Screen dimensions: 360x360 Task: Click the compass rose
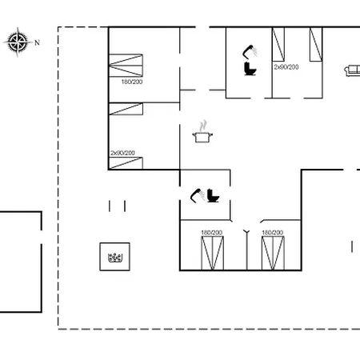pyautogui.click(x=18, y=42)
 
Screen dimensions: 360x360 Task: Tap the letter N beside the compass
pyautogui.click(x=37, y=42)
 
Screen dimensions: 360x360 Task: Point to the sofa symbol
pyautogui.click(x=352, y=71)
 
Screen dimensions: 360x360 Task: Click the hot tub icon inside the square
pyautogui.click(x=115, y=258)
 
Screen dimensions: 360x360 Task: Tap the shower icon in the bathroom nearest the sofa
pyautogui.click(x=250, y=51)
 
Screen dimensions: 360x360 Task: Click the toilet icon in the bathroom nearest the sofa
pyautogui.click(x=250, y=69)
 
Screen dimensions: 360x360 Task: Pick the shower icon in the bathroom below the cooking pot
pyautogui.click(x=198, y=195)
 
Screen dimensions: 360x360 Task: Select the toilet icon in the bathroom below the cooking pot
pyautogui.click(x=213, y=195)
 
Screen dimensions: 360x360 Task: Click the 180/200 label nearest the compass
pyautogui.click(x=132, y=82)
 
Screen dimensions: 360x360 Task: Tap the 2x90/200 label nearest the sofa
pyautogui.click(x=286, y=67)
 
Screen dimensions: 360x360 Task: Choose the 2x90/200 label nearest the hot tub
pyautogui.click(x=122, y=153)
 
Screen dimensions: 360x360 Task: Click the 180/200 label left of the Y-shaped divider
pyautogui.click(x=211, y=233)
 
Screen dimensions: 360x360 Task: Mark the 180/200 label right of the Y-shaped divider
pyautogui.click(x=272, y=233)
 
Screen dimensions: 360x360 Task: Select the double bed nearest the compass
pyautogui.click(x=126, y=66)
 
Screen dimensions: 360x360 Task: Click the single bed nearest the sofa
pyautogui.click(x=316, y=44)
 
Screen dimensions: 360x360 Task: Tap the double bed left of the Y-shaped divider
pyautogui.click(x=212, y=253)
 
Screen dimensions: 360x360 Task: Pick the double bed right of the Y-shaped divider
pyautogui.click(x=273, y=253)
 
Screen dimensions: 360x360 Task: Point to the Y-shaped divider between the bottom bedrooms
pyautogui.click(x=246, y=250)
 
